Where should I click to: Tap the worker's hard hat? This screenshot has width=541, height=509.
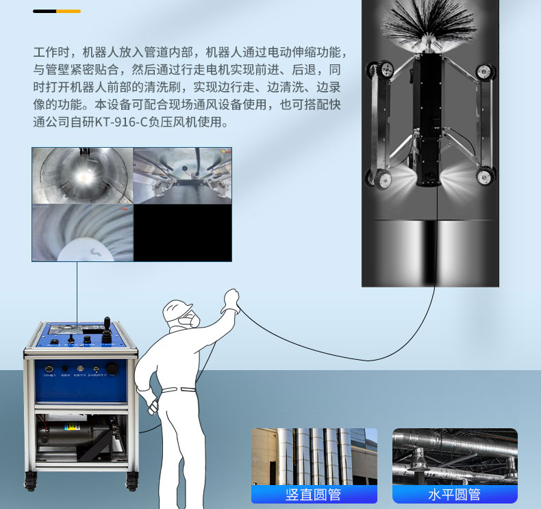177,309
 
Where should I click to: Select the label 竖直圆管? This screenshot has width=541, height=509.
314,494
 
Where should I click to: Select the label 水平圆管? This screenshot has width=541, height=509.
455,494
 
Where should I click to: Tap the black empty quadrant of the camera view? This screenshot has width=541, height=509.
182,233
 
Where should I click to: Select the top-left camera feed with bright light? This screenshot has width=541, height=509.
82,176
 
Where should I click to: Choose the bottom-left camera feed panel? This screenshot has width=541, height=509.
82,233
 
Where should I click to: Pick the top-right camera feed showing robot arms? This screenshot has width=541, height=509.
182,176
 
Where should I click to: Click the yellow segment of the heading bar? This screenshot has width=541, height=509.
68,12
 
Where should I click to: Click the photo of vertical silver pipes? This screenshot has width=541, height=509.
314,456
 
